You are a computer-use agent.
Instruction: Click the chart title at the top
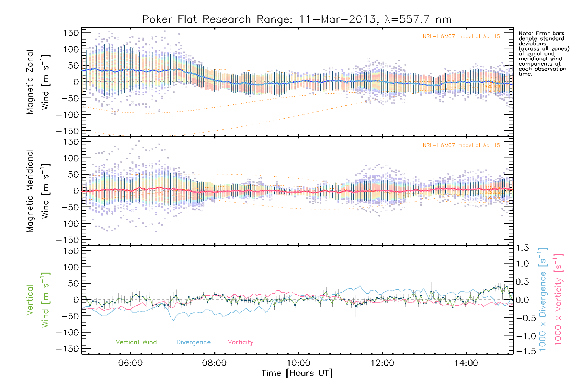[x=297, y=19]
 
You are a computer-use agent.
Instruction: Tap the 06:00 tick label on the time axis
[x=131, y=363]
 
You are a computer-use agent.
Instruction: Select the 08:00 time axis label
[x=214, y=363]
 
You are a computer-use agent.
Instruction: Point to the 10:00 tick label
[x=298, y=363]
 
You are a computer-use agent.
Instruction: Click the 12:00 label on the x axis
[x=382, y=363]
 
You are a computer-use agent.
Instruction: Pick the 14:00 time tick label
[x=466, y=363]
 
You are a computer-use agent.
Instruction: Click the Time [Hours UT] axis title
[x=297, y=373]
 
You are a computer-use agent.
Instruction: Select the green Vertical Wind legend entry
[x=136, y=342]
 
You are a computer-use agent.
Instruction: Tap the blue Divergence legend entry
[x=193, y=342]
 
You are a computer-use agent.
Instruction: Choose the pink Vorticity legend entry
[x=240, y=342]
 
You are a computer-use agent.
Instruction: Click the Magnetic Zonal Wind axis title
[x=38, y=82]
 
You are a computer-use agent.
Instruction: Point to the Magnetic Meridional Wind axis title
[x=38, y=191]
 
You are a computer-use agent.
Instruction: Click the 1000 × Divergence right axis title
[x=543, y=299]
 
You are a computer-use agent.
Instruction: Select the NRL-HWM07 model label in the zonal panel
[x=461, y=37]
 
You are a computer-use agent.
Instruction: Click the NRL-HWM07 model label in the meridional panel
[x=461, y=146]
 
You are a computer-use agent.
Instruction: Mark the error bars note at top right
[x=543, y=53]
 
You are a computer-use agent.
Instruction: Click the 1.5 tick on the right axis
[x=522, y=248]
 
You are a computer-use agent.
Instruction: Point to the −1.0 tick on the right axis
[x=522, y=336]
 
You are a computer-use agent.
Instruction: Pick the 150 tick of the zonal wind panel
[x=71, y=33]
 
